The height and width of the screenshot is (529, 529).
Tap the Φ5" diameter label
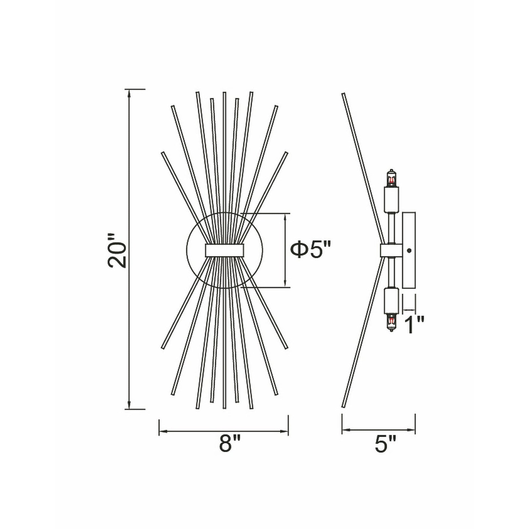(x=310, y=250)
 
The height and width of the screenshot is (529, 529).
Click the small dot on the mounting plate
(x=409, y=250)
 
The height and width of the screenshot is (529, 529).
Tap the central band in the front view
(x=224, y=250)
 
